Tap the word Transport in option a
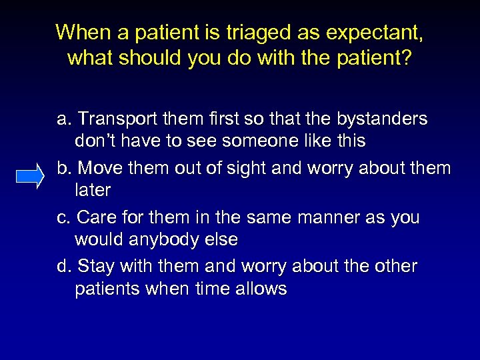pyautogui.click(x=117, y=119)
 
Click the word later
pyautogui.click(x=93, y=190)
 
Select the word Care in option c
pyautogui.click(x=97, y=217)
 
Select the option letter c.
pyautogui.click(x=63, y=217)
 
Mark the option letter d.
pyautogui.click(x=63, y=267)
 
